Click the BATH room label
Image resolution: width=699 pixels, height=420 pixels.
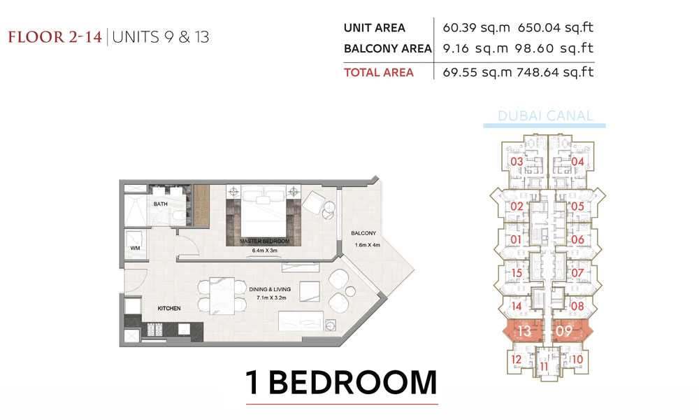tap(161, 204)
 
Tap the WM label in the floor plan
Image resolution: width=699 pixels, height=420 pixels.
tap(135, 248)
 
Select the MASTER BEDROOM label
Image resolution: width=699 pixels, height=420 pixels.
tap(265, 241)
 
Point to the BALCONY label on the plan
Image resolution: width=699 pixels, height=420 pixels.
tap(363, 233)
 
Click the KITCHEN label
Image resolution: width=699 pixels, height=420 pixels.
tap(169, 309)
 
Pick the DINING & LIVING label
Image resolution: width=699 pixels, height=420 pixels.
tap(270, 290)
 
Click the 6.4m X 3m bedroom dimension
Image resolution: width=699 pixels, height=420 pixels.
tap(265, 251)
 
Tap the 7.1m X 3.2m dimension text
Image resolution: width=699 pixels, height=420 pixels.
tap(271, 297)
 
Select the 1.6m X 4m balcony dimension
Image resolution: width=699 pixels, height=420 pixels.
tap(368, 244)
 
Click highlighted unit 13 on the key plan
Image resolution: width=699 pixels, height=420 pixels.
tap(524, 331)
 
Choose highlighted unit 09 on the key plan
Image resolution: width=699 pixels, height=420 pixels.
tap(564, 331)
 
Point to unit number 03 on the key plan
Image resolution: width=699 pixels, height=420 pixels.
tap(517, 162)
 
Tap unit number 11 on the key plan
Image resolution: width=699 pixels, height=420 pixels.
tap(544, 367)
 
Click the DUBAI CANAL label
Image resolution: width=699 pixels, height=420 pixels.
tap(545, 116)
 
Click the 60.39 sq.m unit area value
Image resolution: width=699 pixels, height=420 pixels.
tap(476, 28)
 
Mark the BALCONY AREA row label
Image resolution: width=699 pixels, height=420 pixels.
tap(387, 49)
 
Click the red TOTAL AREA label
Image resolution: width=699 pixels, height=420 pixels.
tap(378, 72)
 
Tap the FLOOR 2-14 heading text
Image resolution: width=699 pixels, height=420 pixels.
tap(55, 36)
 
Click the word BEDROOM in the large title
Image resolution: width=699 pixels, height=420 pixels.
tap(352, 382)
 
